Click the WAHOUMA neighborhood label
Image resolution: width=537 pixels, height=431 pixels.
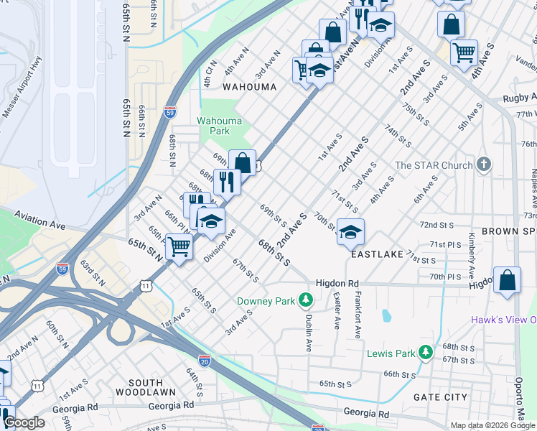(x=249, y=87)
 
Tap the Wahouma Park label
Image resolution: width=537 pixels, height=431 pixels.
(x=213, y=126)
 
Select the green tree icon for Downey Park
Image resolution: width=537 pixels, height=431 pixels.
(x=306, y=299)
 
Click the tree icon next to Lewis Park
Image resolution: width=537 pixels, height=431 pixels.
(x=426, y=352)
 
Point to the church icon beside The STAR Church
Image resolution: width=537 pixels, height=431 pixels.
(x=485, y=164)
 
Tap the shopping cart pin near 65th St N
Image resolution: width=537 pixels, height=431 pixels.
(x=179, y=247)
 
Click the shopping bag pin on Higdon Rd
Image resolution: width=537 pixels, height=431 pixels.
(x=507, y=281)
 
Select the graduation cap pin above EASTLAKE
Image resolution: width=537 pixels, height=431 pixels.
(x=350, y=231)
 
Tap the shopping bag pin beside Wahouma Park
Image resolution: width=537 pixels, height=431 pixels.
(x=243, y=162)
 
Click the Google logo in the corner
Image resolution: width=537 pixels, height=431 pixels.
(x=24, y=422)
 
